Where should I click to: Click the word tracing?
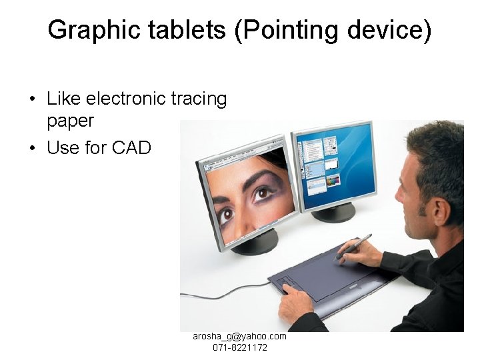(199, 99)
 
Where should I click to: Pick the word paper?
(70, 121)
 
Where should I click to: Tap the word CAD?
(132, 147)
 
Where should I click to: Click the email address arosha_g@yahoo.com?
(239, 337)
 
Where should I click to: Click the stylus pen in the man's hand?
(353, 246)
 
